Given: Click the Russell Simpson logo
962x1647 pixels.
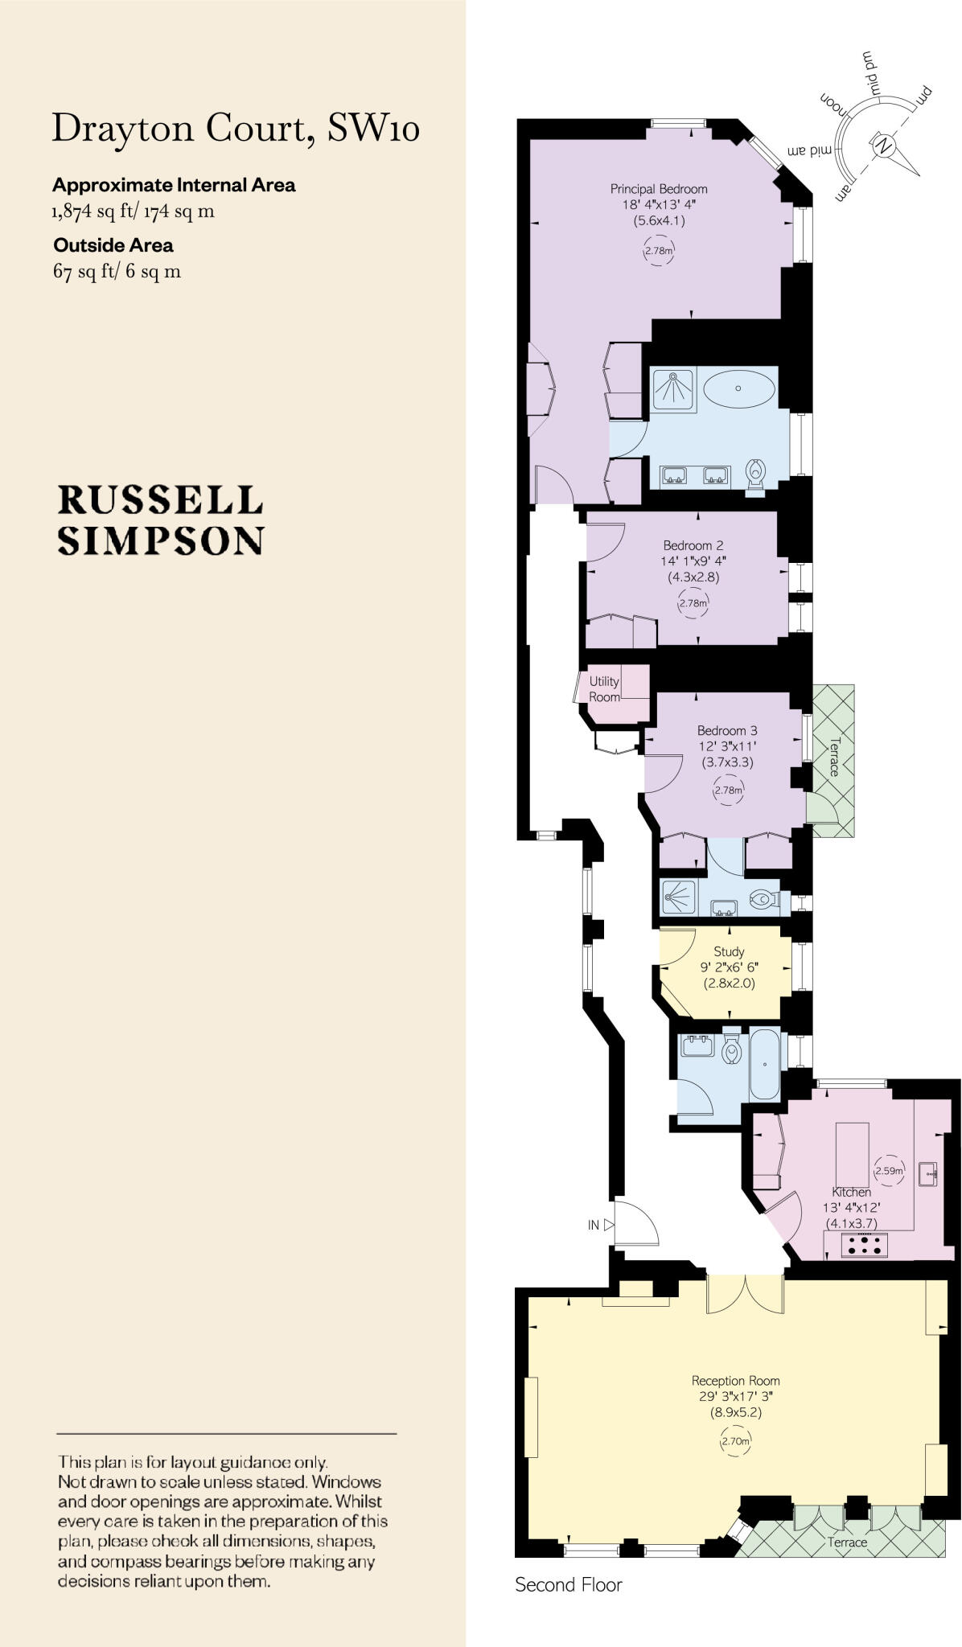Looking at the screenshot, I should click(x=161, y=520).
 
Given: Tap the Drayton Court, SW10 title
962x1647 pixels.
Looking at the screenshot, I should click(x=236, y=129).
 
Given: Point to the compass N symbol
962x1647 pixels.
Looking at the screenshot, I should click(x=883, y=146).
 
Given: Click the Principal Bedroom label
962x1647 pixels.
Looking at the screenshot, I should click(x=659, y=190).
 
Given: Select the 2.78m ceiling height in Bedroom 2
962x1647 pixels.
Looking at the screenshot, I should click(x=693, y=603).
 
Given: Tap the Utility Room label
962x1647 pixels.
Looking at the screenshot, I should click(x=604, y=689).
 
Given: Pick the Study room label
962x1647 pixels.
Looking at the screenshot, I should click(x=729, y=951).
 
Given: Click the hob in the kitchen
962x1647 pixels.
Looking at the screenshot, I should click(x=864, y=1246).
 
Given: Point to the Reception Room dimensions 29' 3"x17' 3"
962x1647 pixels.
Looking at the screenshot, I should click(x=735, y=1397).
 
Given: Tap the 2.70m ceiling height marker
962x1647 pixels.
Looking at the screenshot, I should click(x=735, y=1442).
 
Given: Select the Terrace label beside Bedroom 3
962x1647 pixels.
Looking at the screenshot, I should click(x=834, y=756).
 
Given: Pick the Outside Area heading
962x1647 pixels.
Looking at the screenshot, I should click(x=113, y=245).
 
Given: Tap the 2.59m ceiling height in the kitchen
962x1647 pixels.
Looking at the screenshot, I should click(x=889, y=1171).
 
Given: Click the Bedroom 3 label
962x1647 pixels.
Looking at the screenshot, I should click(x=727, y=731).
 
